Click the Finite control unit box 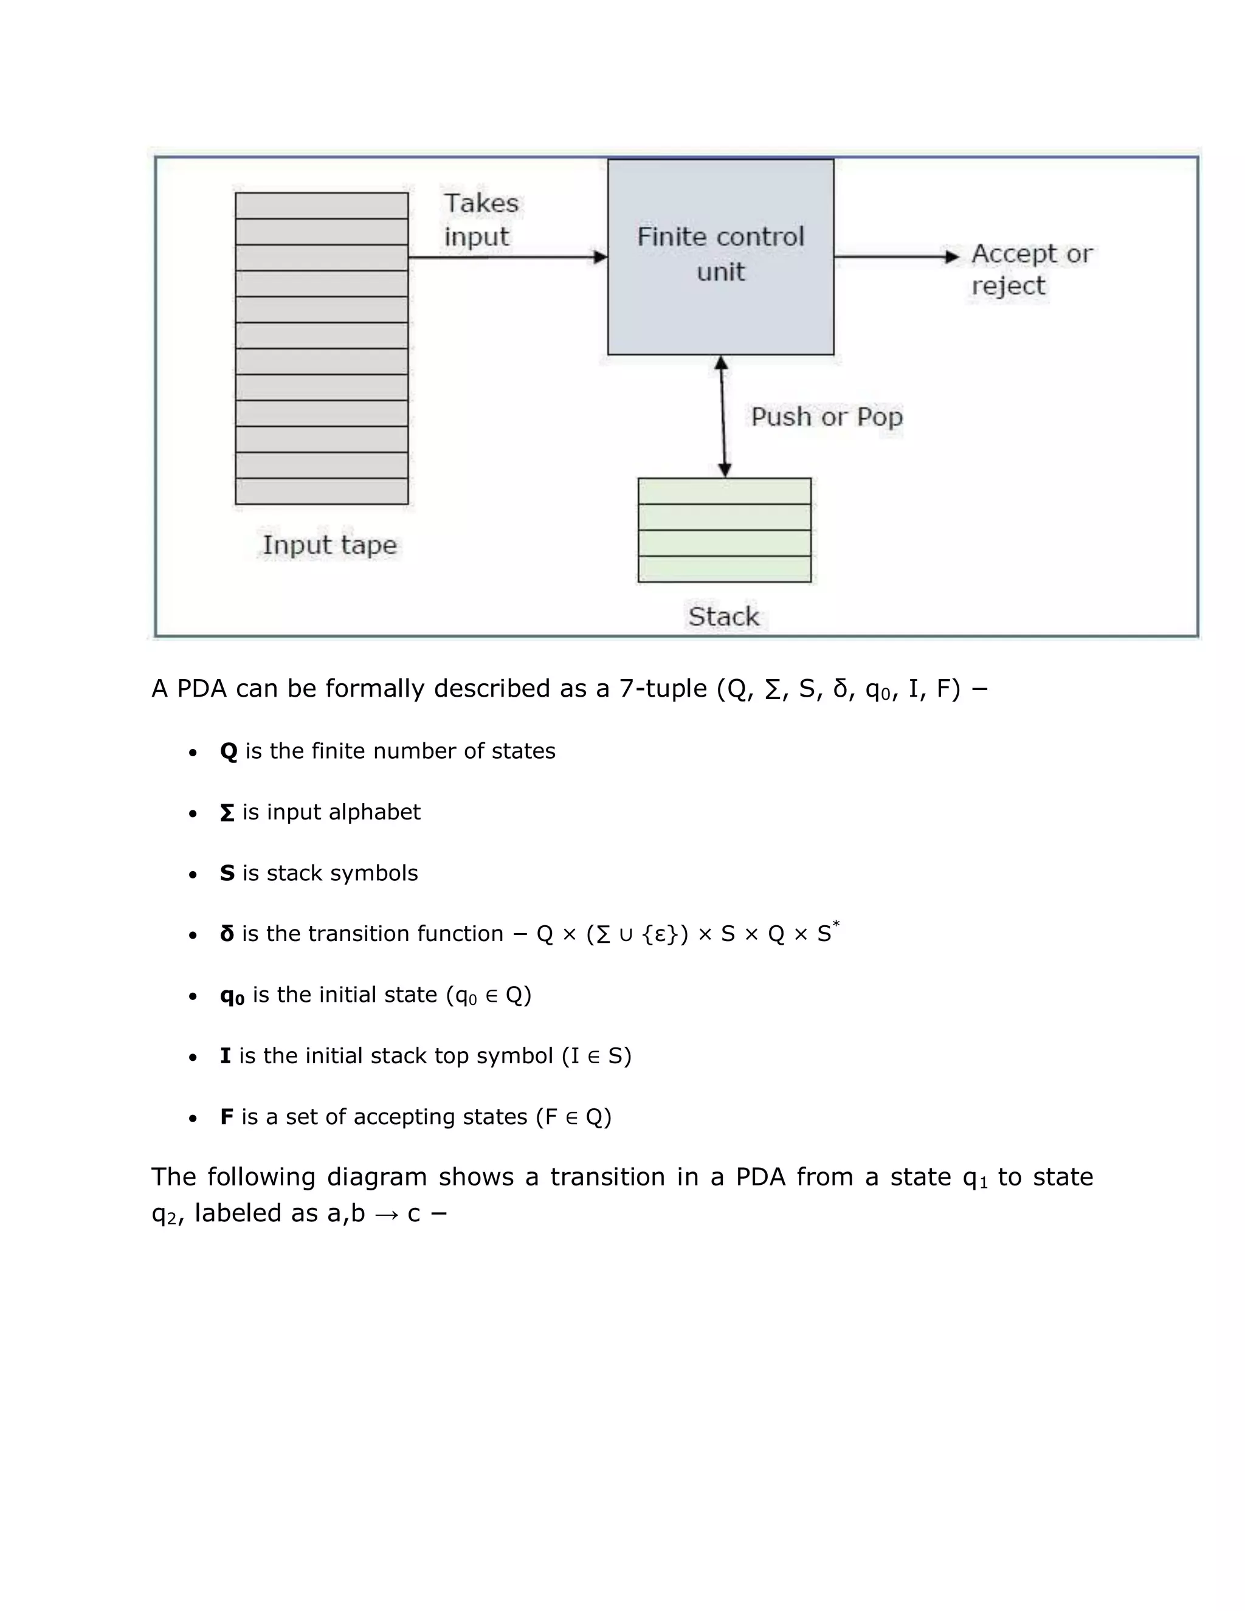pyautogui.click(x=720, y=256)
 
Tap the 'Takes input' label pyautogui.click(x=481, y=220)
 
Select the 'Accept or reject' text pyautogui.click(x=1030, y=269)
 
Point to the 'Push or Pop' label pyautogui.click(x=826, y=417)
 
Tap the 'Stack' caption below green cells pyautogui.click(x=723, y=616)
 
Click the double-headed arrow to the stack pyautogui.click(x=723, y=417)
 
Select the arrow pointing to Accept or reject pyautogui.click(x=896, y=257)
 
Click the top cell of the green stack pyautogui.click(x=724, y=491)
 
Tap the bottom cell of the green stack pyautogui.click(x=724, y=569)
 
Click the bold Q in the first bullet pyautogui.click(x=229, y=751)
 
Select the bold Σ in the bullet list pyautogui.click(x=227, y=812)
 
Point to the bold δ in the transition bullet pyautogui.click(x=227, y=934)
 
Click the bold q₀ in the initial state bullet pyautogui.click(x=232, y=996)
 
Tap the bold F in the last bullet pyautogui.click(x=226, y=1117)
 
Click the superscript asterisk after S pyautogui.click(x=836, y=923)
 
